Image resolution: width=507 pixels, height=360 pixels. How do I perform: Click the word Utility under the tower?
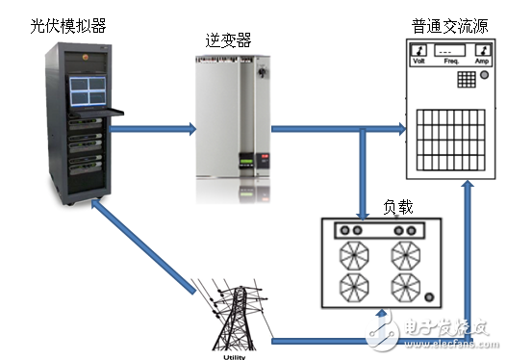(x=234, y=354)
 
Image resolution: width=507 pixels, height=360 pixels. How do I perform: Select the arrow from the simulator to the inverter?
(x=155, y=127)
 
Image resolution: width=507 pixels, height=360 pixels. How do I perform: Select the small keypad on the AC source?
(x=466, y=79)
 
